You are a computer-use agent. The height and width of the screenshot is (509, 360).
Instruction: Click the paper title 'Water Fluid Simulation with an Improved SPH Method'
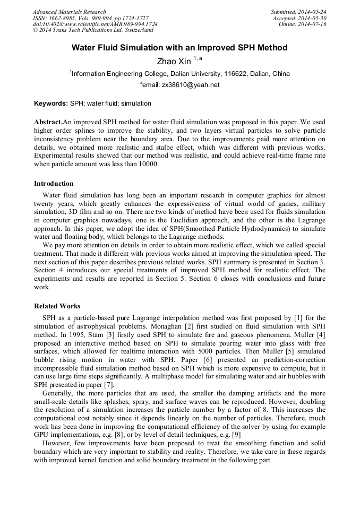[179, 48]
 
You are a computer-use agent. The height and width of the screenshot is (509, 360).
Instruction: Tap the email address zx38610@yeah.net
[191, 84]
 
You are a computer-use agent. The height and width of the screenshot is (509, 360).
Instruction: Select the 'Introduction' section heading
[54, 184]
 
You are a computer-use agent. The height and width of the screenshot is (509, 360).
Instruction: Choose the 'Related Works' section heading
[57, 306]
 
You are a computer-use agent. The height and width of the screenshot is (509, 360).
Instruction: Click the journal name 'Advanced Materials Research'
[70, 12]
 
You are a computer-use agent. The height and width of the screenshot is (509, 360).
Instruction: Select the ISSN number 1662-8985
[67, 18]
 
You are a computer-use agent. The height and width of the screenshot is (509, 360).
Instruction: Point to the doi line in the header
[95, 24]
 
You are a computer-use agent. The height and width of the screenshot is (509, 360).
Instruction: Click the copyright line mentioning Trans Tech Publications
[93, 30]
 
